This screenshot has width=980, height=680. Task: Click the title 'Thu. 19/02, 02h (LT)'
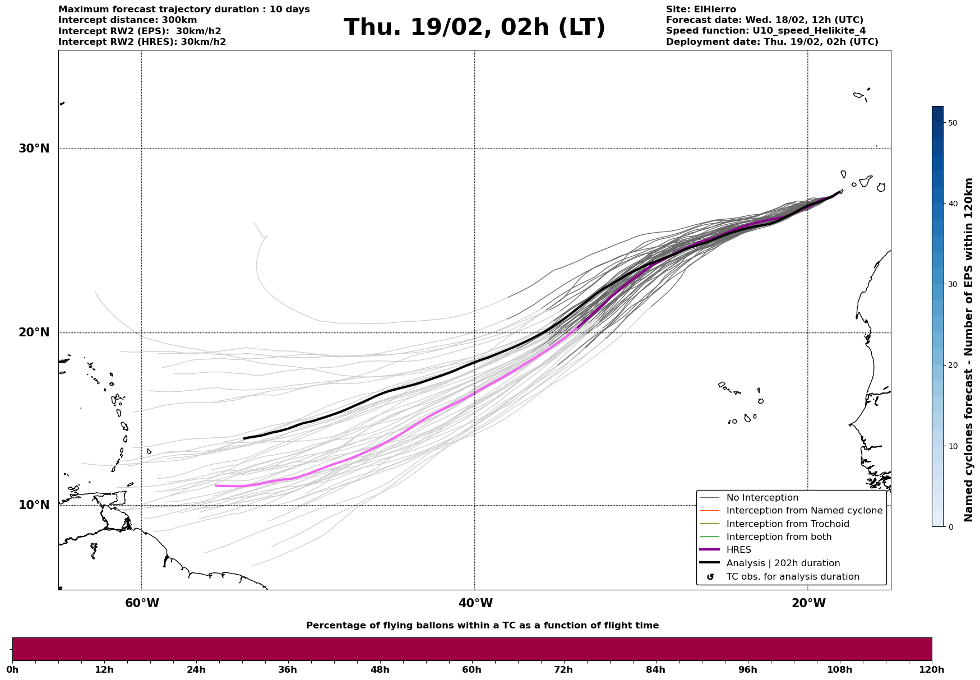coord(474,27)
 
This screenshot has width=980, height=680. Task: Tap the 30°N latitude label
coord(34,149)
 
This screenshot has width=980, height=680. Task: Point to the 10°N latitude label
coord(34,505)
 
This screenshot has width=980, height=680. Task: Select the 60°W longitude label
coord(142,603)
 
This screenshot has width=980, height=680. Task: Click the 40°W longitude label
coord(475,603)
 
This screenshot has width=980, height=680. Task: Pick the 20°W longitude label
coord(808,603)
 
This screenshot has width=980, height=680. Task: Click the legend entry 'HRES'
coord(738,550)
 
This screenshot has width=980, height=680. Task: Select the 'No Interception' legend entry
coord(762,498)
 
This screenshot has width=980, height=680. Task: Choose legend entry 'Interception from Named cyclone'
coord(804,511)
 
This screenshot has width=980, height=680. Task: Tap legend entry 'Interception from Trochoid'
coord(787,524)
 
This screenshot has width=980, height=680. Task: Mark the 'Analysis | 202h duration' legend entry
coord(783,563)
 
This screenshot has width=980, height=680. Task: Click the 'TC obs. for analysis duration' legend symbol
coord(710,577)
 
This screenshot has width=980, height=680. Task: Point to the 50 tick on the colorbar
coord(952,123)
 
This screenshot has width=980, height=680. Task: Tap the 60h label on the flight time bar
coord(471,669)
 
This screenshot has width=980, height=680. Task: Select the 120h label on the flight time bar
coord(932,669)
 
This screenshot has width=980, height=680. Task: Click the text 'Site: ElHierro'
coord(701,10)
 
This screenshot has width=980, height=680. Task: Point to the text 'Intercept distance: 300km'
coord(128,20)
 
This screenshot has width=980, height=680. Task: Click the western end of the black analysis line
coord(244,438)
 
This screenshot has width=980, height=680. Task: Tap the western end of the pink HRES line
coord(216,485)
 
